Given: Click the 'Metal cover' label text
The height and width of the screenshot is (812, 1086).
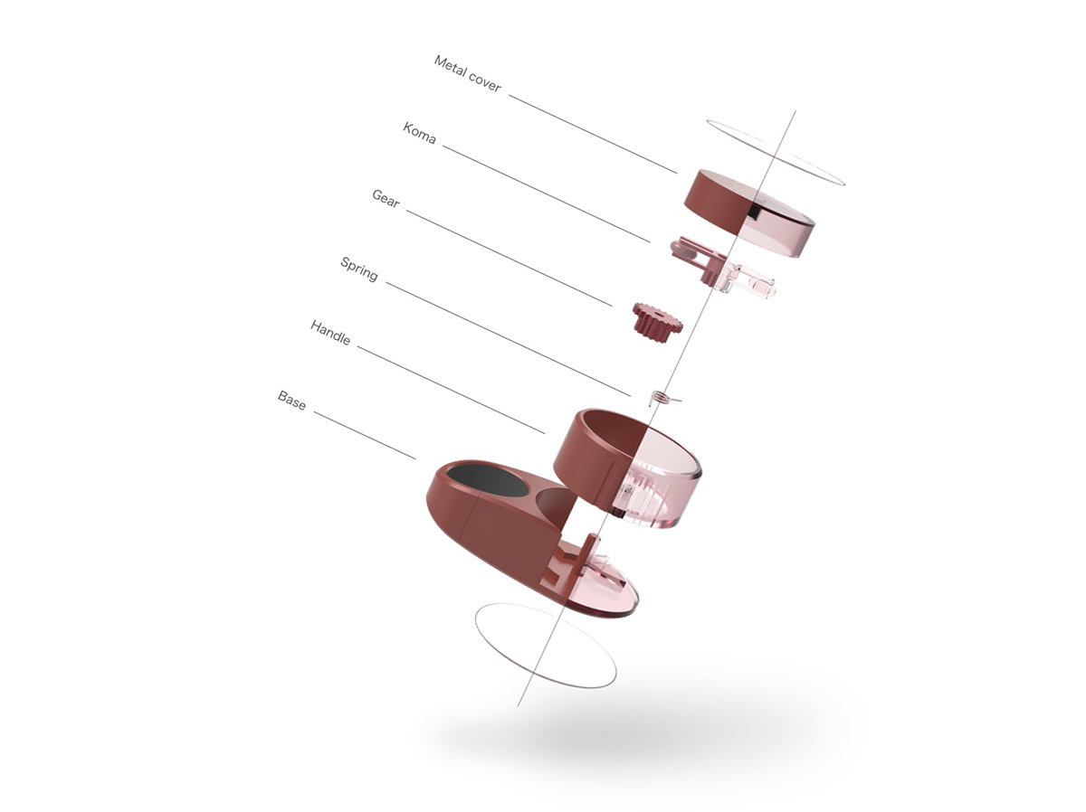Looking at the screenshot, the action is [x=467, y=73].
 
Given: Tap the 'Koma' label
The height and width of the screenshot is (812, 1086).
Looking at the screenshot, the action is [x=419, y=133].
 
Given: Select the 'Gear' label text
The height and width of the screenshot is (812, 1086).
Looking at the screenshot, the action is [x=386, y=198].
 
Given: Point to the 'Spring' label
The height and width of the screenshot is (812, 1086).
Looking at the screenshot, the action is [x=358, y=269].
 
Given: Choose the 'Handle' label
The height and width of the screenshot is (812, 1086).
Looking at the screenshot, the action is [x=330, y=332].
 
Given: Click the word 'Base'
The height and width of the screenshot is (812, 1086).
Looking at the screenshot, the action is [x=291, y=400].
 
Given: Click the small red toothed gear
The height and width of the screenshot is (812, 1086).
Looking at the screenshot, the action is [x=657, y=320].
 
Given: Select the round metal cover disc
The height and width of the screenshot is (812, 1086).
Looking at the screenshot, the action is [x=748, y=212].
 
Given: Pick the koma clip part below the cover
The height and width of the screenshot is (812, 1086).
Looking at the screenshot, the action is [x=722, y=268].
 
